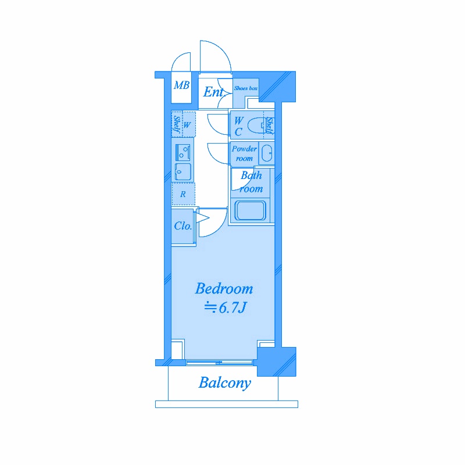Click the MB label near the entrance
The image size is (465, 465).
click(x=181, y=85)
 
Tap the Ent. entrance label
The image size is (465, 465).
click(x=213, y=92)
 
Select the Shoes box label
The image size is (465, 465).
click(x=245, y=88)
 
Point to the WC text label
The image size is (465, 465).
click(x=239, y=126)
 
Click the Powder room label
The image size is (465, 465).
click(x=244, y=153)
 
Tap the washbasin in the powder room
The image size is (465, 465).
click(x=267, y=153)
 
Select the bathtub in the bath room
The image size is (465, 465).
click(x=250, y=210)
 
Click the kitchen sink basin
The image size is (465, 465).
click(x=183, y=171)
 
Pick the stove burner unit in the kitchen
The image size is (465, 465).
click(x=183, y=153)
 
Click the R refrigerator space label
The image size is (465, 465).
click(x=183, y=194)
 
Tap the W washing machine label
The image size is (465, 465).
click(x=187, y=125)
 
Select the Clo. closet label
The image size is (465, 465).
click(x=183, y=226)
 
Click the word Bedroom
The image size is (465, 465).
click(x=224, y=288)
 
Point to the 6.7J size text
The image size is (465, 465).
click(x=233, y=308)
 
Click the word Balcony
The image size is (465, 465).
click(x=225, y=383)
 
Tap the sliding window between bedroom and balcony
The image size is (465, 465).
click(x=220, y=362)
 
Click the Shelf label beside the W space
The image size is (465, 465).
click(x=177, y=124)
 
